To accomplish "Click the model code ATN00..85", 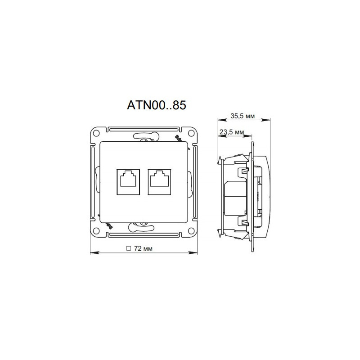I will (157, 105).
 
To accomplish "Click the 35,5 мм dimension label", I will (243, 116).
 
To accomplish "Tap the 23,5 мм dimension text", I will (232, 132).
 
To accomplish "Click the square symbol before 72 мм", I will (128, 248).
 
